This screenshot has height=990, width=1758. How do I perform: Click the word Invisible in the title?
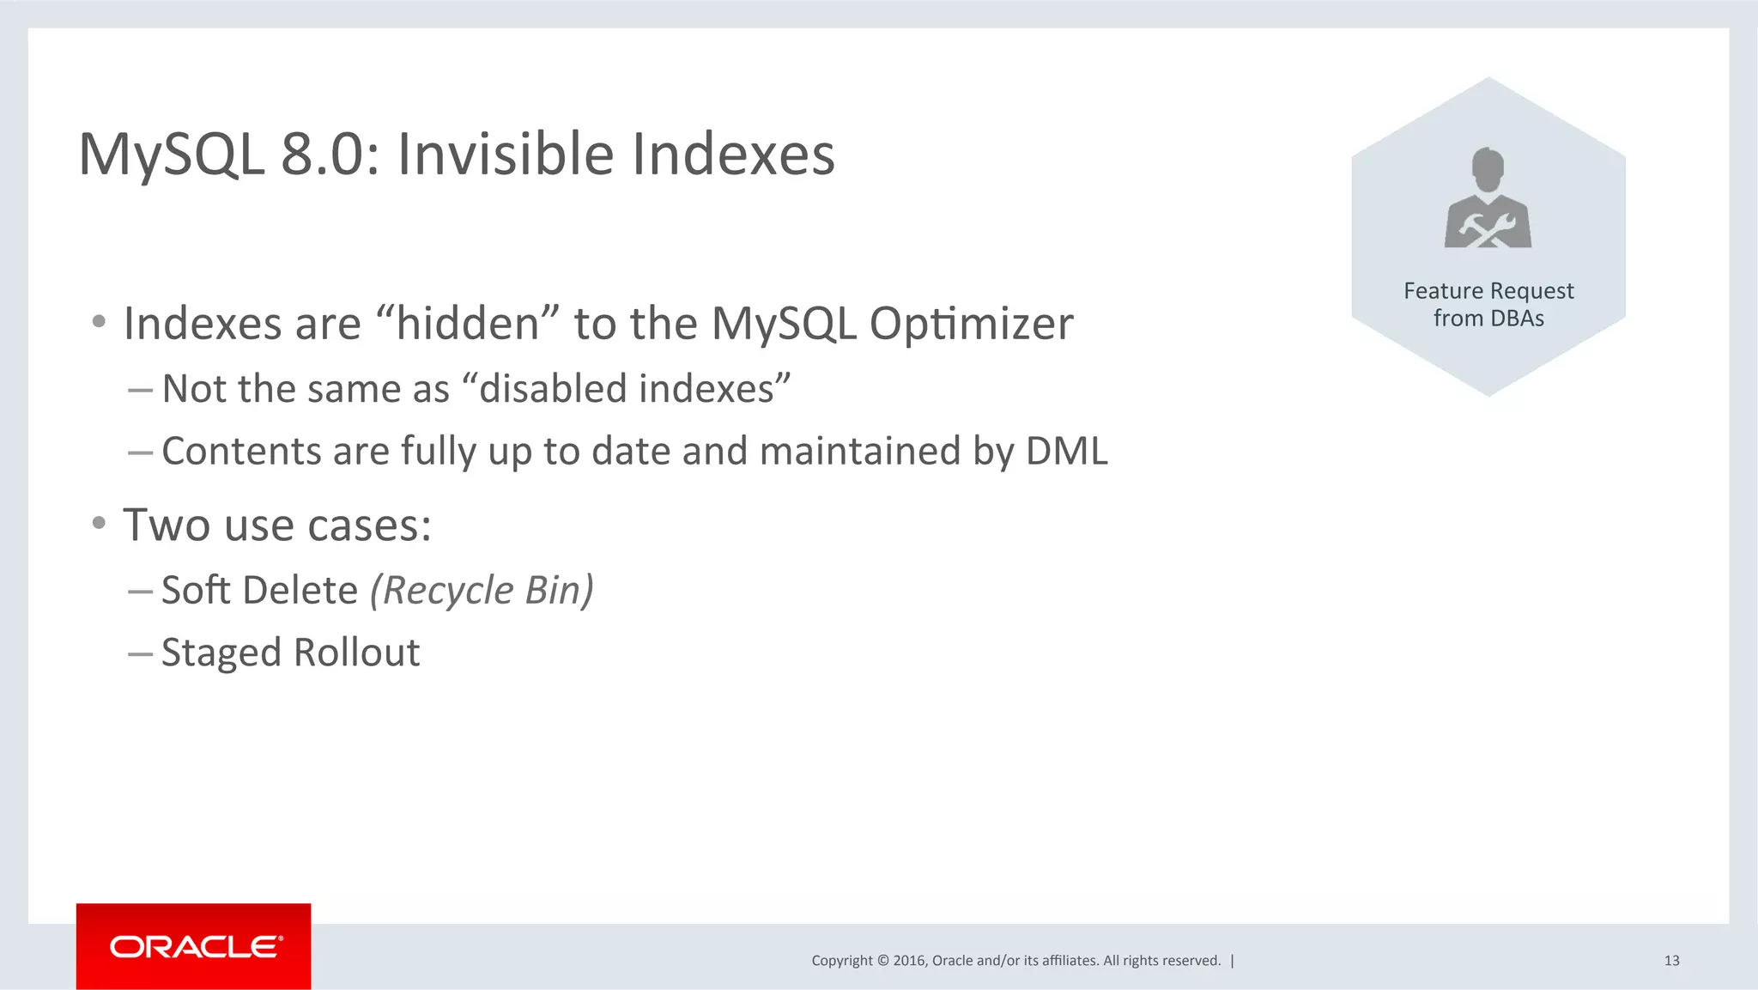pos(506,155)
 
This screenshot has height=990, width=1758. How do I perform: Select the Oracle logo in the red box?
pos(195,947)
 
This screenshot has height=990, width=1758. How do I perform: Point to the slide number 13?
pos(1671,961)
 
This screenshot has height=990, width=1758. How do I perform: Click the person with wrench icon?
pos(1488,199)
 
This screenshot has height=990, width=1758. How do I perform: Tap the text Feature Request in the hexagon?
pos(1488,291)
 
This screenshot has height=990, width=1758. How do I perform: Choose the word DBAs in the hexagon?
pos(1517,319)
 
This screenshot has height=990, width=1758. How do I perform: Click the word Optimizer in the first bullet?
pos(971,325)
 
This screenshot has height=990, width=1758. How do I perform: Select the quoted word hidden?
pos(467,325)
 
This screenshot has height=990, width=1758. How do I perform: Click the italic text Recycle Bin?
pos(482,591)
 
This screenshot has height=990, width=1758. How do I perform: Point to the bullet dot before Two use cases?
pos(100,523)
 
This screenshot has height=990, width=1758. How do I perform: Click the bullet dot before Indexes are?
pos(100,322)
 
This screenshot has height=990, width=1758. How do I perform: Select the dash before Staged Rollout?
pos(140,653)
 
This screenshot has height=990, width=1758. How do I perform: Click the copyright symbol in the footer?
pos(882,961)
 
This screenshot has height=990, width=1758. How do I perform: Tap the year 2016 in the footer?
pos(909,961)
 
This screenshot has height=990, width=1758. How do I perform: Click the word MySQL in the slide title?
pos(172,155)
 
